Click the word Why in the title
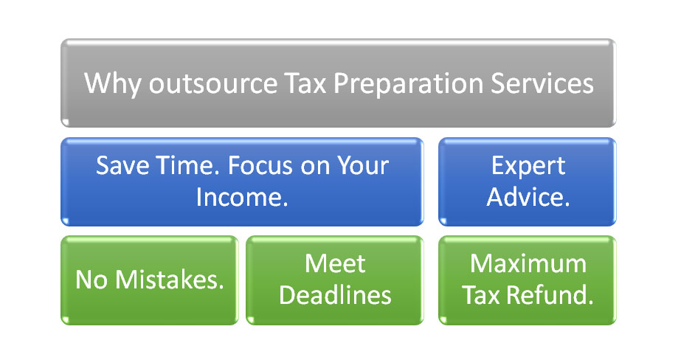pos(112,83)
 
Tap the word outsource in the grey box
pos(213,83)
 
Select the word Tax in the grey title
pos(305,83)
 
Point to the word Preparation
pos(408,84)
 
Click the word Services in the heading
pos(542,83)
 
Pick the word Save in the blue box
pos(122,165)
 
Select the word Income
pos(242,197)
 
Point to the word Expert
pos(528,166)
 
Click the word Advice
pos(528,197)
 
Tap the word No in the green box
pos(91,280)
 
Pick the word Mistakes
pos(170,280)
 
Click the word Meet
pos(335,263)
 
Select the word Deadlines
pos(335,295)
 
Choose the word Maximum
pos(528,263)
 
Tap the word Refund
pos(550,295)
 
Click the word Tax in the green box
pos(481,295)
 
